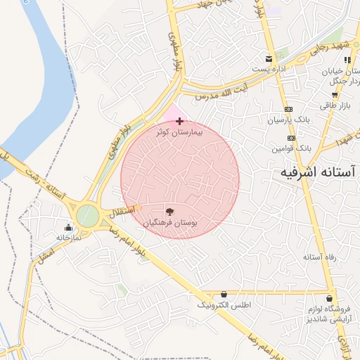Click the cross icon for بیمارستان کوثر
[x=180, y=122]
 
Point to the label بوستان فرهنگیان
[x=170, y=221]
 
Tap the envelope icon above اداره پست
[x=268, y=59]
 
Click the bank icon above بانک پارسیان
[x=289, y=109]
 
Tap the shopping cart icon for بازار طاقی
[x=335, y=94]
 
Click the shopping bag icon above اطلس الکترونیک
[x=224, y=294]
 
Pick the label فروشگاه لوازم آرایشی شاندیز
[x=332, y=314]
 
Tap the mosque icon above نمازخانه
[x=68, y=227]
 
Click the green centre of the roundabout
[x=86, y=215]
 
